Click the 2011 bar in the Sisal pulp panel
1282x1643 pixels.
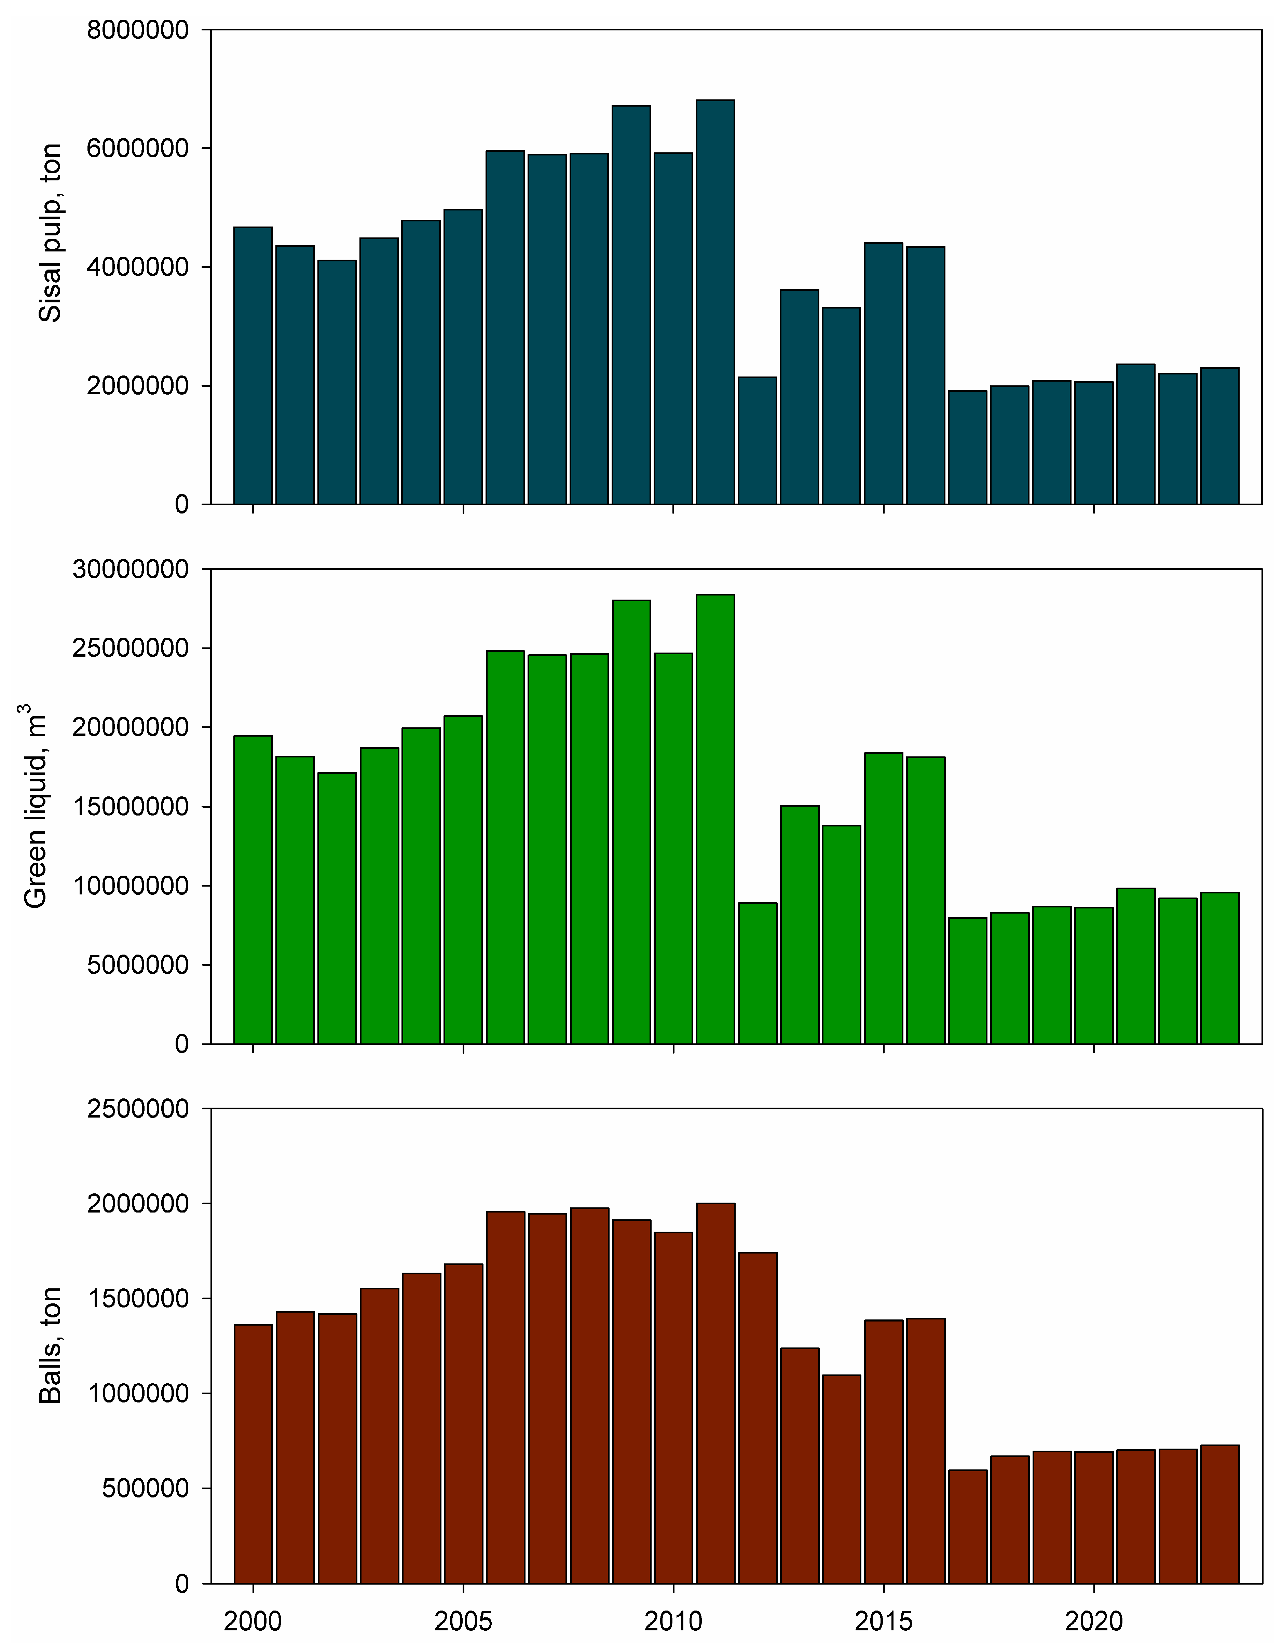click(715, 301)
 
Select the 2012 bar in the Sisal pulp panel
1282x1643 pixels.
click(757, 440)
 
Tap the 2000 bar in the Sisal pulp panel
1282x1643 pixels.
click(253, 365)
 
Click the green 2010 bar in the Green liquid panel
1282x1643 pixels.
click(672, 848)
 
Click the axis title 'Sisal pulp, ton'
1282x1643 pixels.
click(50, 233)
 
